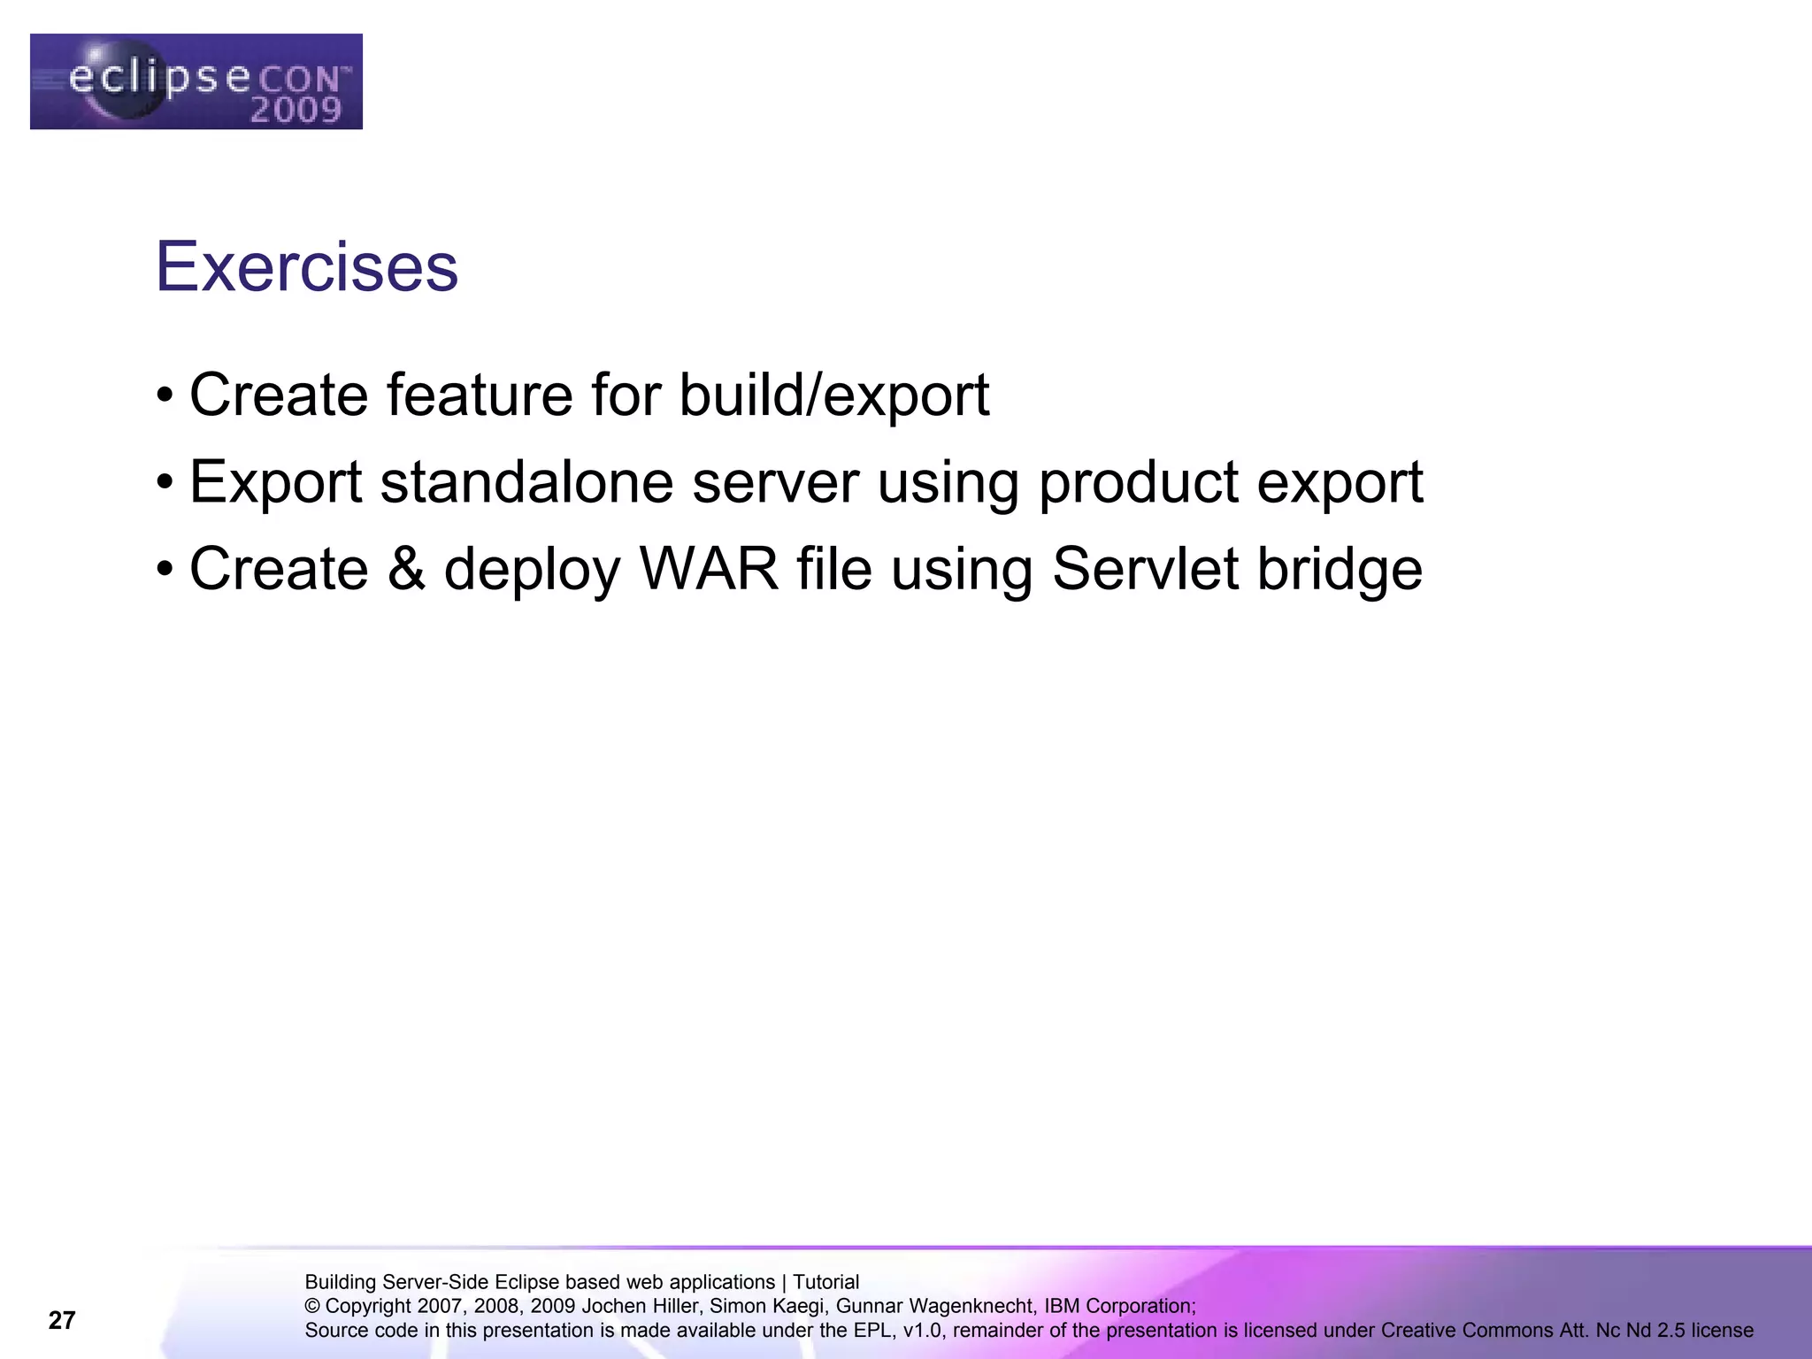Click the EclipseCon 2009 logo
[x=196, y=81]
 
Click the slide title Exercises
[x=307, y=266]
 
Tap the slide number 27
[x=62, y=1320]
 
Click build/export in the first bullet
[x=833, y=395]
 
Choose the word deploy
[x=533, y=570]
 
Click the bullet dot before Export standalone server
[x=164, y=483]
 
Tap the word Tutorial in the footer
[x=825, y=1282]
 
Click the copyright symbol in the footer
[x=312, y=1306]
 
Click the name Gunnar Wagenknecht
[x=934, y=1306]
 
